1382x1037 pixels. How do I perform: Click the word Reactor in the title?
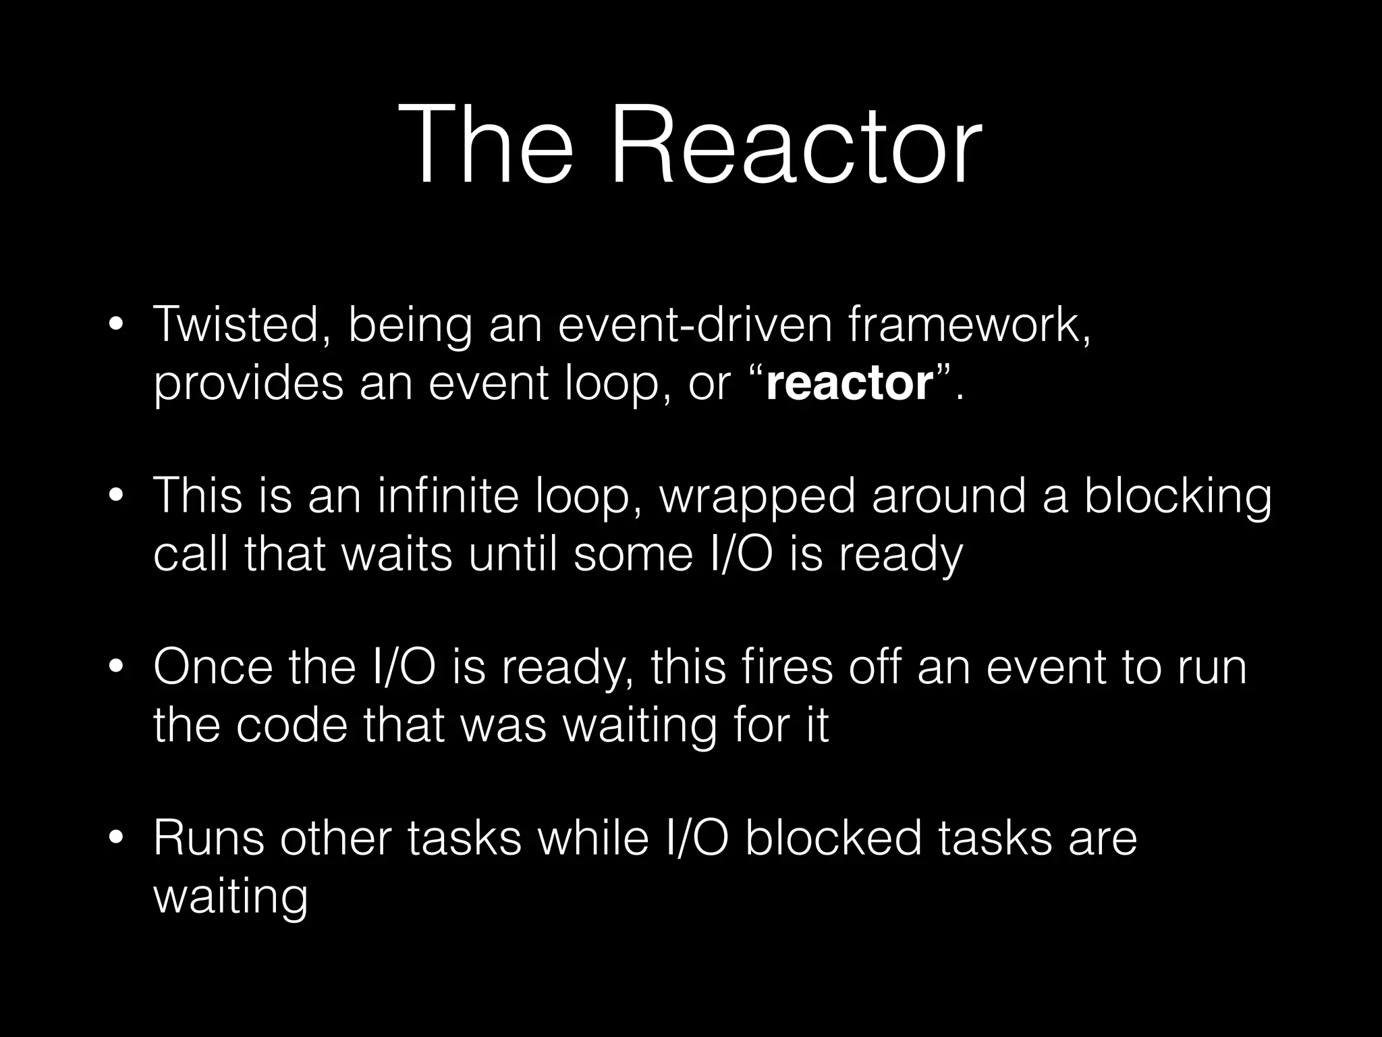pyautogui.click(x=796, y=144)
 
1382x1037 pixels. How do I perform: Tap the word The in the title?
pyautogui.click(x=485, y=144)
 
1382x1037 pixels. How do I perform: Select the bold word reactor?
pyautogui.click(x=850, y=383)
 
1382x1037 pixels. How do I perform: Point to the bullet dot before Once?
pyautogui.click(x=116, y=668)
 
